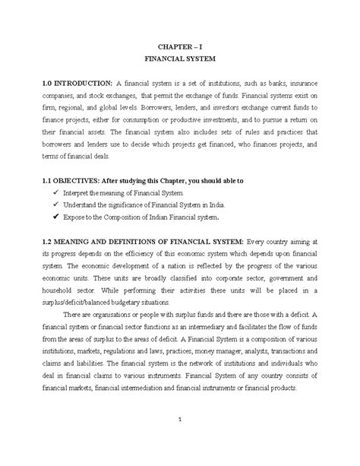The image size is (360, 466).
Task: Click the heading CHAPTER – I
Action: [180, 46]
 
